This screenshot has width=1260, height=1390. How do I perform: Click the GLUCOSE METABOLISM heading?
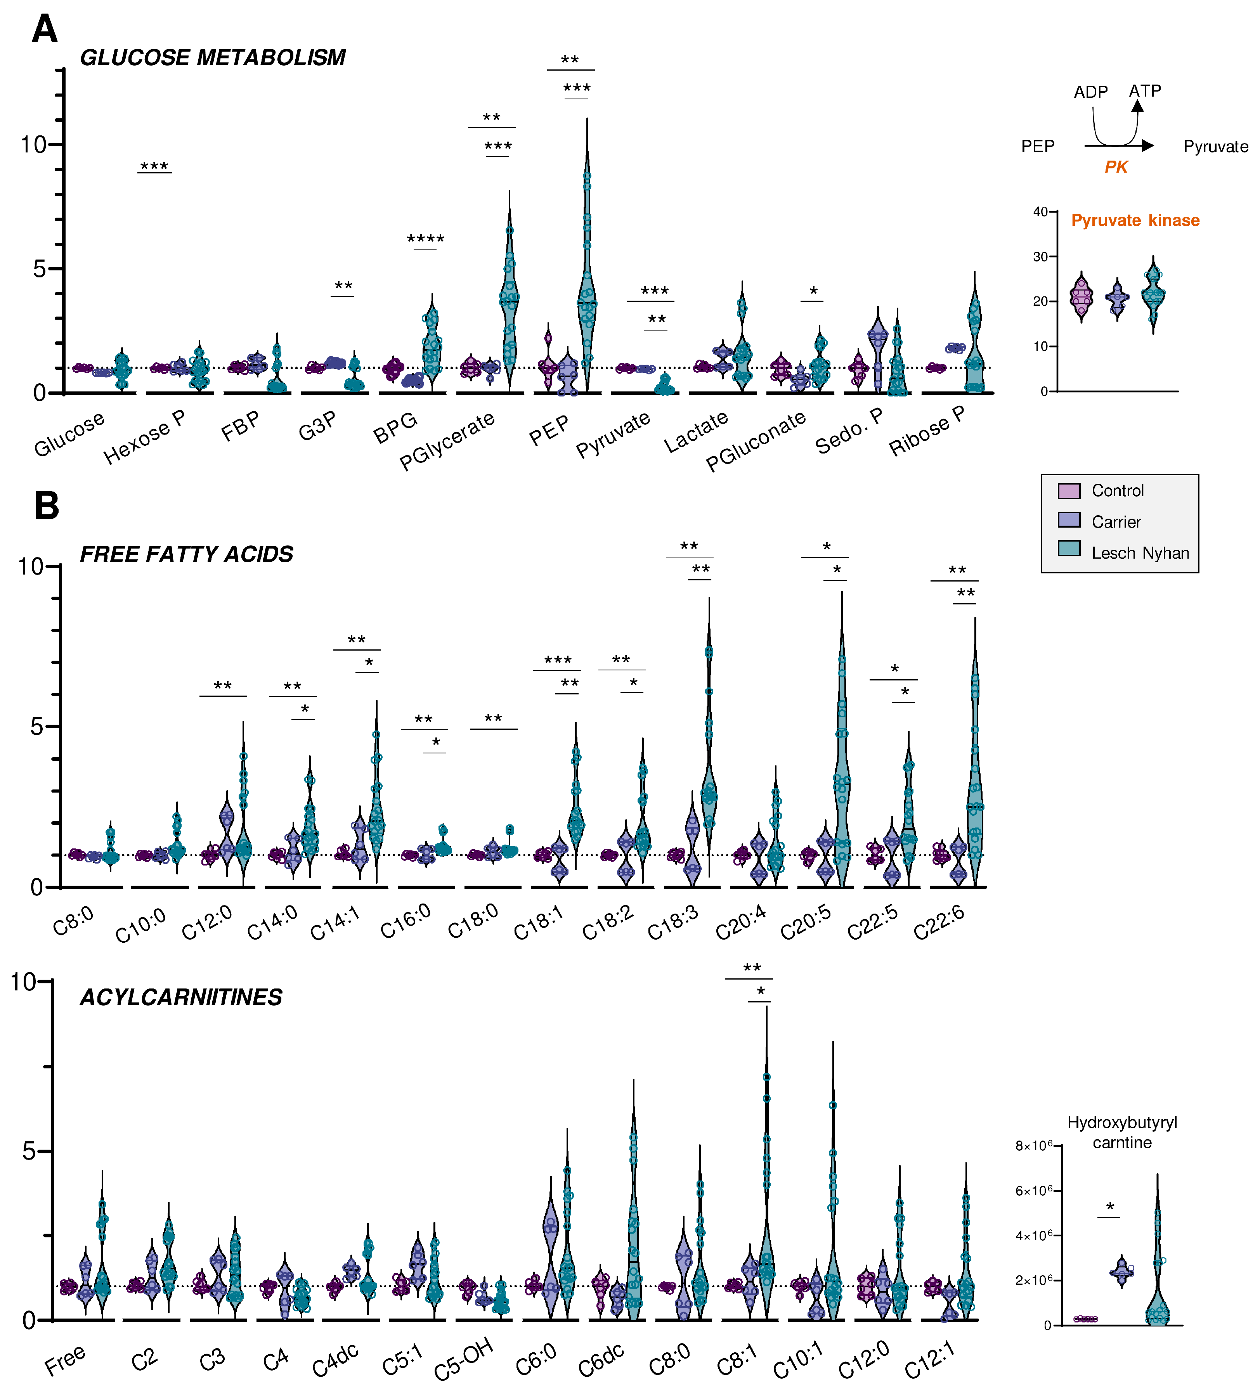[212, 58]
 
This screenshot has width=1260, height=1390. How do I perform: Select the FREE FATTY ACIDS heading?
[186, 554]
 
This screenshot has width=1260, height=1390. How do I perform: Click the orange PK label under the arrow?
[1116, 167]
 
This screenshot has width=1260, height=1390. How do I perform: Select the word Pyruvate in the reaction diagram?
[1215, 147]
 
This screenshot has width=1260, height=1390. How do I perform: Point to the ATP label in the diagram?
[1145, 91]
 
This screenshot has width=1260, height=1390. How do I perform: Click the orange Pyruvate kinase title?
[1135, 221]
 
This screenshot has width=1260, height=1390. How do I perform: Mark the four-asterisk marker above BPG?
[426, 240]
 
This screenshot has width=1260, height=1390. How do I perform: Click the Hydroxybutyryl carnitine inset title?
[1122, 1132]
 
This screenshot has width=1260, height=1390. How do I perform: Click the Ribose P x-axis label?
[927, 432]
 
